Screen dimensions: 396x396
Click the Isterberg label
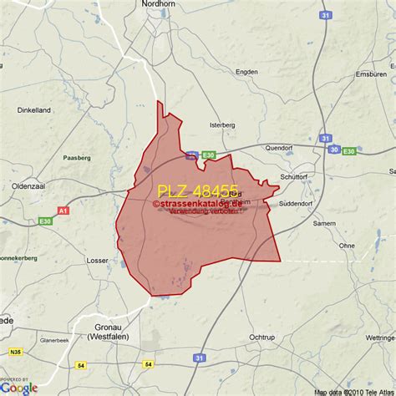tap(221, 125)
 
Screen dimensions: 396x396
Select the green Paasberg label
tap(78, 157)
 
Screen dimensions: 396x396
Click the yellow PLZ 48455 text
tap(198, 191)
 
